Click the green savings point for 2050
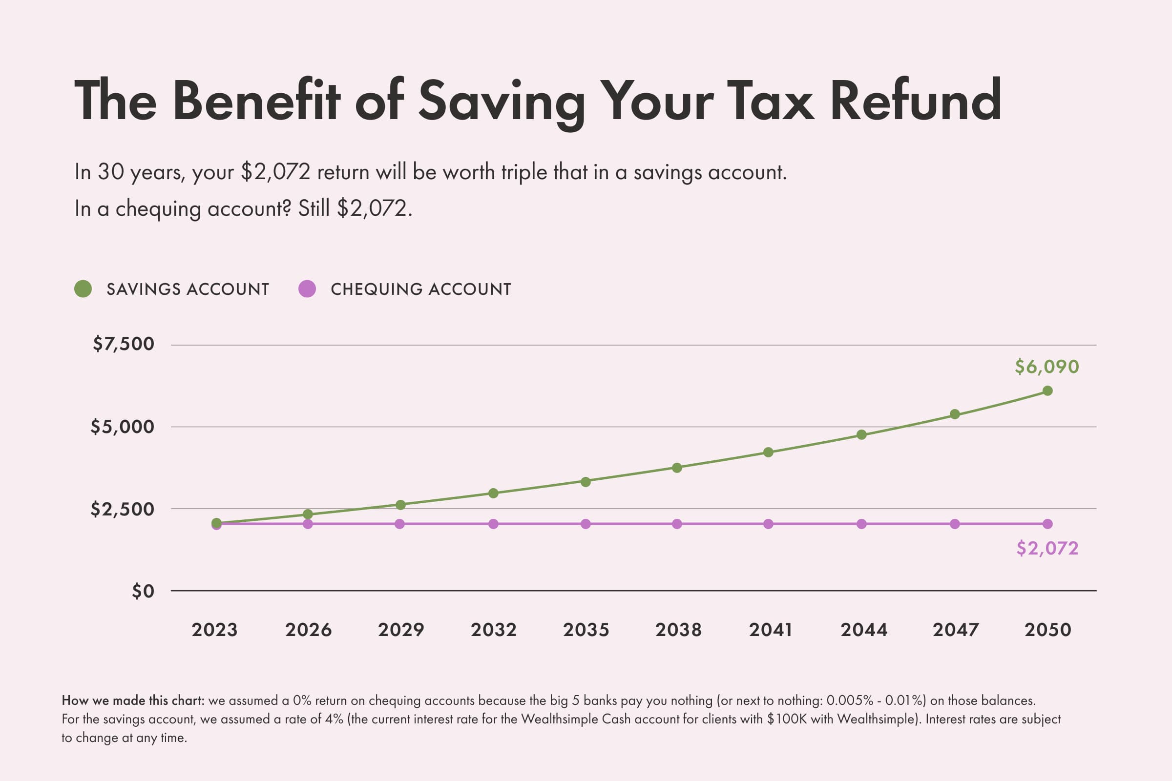[x=1047, y=391]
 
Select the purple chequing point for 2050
[x=1047, y=524]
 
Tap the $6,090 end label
[x=1047, y=367]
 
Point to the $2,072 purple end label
[x=1047, y=548]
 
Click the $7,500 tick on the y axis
[x=124, y=344]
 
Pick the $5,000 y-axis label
[x=123, y=427]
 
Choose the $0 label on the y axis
[x=143, y=591]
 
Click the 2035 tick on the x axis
[x=586, y=630]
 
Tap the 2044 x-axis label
[x=863, y=630]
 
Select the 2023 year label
[x=215, y=630]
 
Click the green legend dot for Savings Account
[x=83, y=289]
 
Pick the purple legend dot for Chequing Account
[x=307, y=289]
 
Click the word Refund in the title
[x=915, y=101]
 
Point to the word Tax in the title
[x=771, y=101]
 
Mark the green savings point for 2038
[x=677, y=468]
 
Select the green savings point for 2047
[x=955, y=414]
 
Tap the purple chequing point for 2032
[x=493, y=524]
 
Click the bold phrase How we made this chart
[x=133, y=701]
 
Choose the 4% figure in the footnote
[x=335, y=719]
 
